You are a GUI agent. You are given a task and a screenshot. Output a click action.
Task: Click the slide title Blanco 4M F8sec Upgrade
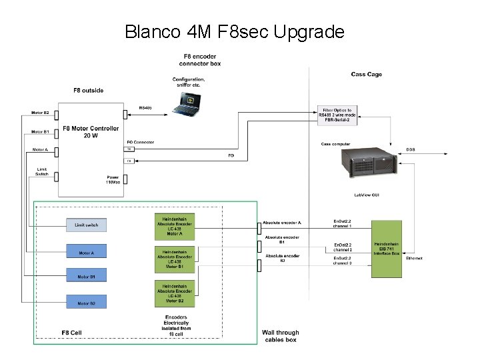tap(234, 31)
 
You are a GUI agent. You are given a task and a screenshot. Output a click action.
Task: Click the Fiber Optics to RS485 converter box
tap(337, 115)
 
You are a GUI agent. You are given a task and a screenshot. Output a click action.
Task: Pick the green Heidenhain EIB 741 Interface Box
tap(387, 249)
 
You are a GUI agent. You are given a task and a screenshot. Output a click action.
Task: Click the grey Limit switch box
tap(86, 225)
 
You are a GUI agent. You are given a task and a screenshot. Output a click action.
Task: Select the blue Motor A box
tap(86, 252)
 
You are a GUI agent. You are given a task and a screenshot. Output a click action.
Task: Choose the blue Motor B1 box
tap(86, 276)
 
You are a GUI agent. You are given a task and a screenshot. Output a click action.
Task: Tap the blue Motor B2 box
tap(86, 303)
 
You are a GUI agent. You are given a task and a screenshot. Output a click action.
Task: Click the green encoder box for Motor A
tap(175, 226)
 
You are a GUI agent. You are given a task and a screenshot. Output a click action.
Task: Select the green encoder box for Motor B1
tap(175, 259)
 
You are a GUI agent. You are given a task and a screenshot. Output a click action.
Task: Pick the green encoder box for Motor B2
tap(175, 295)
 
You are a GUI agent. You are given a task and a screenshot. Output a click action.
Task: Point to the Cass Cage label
tap(366, 74)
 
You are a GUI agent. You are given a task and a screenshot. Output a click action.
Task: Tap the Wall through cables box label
tap(280, 336)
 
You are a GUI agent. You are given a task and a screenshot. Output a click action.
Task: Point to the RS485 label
tap(145, 107)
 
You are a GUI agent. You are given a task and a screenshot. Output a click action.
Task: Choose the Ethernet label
tap(414, 258)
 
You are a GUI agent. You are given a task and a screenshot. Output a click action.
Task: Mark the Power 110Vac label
tap(112, 179)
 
